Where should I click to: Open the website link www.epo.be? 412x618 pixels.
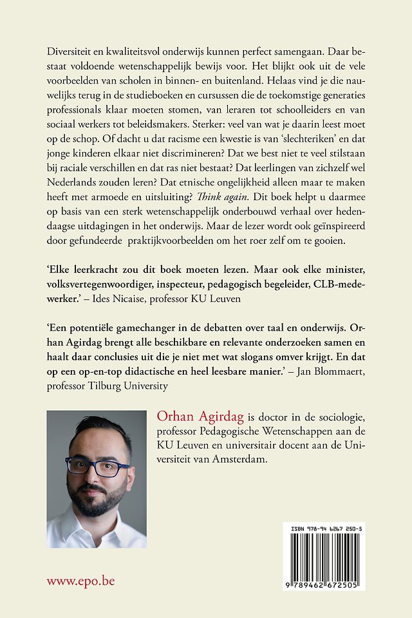tap(80, 581)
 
